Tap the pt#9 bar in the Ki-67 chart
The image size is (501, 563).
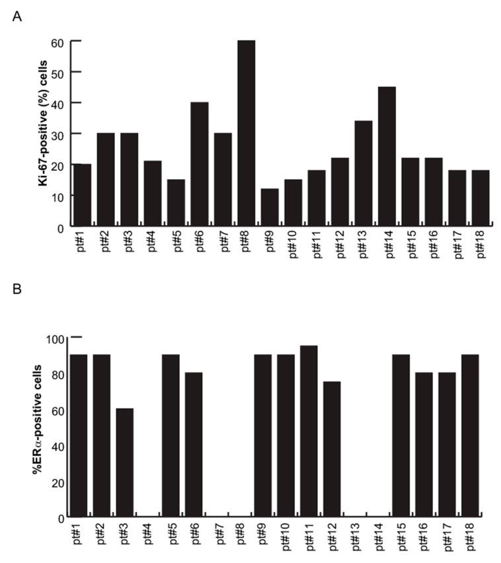tap(270, 208)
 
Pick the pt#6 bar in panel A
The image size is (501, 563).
tap(200, 165)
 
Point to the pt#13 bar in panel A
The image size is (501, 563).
tap(363, 174)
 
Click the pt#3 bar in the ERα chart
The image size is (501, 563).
tap(124, 463)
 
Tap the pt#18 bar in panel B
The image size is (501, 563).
tap(470, 436)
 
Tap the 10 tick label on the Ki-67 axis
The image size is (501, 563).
tap(60, 196)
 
